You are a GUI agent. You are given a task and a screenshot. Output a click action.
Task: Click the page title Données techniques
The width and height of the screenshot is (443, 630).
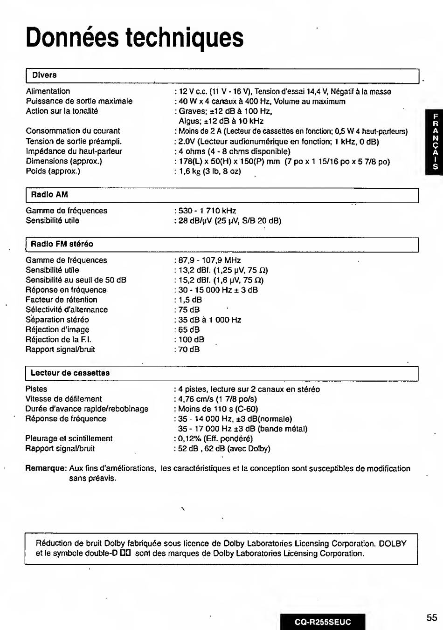tap(135, 38)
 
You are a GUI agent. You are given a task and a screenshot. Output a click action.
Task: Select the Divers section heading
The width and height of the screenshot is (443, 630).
tap(44, 75)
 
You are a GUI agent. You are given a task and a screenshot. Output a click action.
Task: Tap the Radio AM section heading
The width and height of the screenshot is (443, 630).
tap(49, 195)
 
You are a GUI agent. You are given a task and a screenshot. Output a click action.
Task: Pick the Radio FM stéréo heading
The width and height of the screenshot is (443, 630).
tap(62, 244)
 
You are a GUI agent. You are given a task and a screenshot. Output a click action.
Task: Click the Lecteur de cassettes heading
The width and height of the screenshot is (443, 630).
tap(70, 373)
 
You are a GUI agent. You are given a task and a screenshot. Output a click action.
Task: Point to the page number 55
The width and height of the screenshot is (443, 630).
tap(431, 617)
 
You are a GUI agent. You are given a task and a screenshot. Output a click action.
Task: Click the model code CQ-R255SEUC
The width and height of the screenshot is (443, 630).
tap(323, 622)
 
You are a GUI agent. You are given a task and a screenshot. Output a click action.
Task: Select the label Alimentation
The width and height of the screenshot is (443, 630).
tap(48, 91)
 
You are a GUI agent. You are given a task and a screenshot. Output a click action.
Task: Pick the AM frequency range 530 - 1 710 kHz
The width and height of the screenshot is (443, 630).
tap(207, 211)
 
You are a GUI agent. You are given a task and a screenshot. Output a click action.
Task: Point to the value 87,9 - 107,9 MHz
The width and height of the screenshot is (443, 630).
tap(209, 260)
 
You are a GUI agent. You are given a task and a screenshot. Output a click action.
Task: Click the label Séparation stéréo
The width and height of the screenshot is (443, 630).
tap(57, 320)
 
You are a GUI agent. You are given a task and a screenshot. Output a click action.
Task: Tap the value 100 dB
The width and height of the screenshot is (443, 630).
tap(191, 340)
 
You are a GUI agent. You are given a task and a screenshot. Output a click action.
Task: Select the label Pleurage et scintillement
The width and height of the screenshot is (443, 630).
tap(69, 438)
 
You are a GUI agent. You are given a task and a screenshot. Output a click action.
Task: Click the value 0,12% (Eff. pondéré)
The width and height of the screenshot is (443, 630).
tap(215, 438)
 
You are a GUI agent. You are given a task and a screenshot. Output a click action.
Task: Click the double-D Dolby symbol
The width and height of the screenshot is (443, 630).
tap(125, 554)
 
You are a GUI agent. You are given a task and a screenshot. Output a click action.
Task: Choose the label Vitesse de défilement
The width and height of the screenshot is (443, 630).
tap(63, 399)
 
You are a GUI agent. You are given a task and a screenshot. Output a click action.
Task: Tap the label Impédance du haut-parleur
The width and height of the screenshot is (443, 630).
tap(74, 151)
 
